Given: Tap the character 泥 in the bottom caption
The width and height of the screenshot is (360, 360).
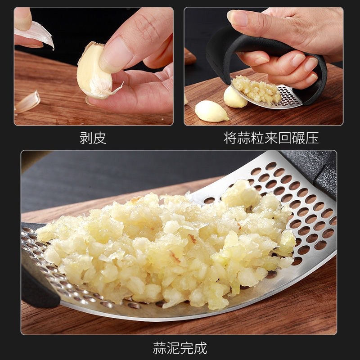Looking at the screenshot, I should click(173, 348).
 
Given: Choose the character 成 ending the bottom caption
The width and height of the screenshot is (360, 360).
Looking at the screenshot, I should click(200, 348).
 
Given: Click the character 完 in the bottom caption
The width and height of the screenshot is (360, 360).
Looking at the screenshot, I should click(187, 348).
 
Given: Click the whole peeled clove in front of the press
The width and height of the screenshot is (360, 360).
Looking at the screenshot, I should click(211, 111).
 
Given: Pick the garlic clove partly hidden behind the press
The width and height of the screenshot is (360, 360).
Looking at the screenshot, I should click(234, 97).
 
